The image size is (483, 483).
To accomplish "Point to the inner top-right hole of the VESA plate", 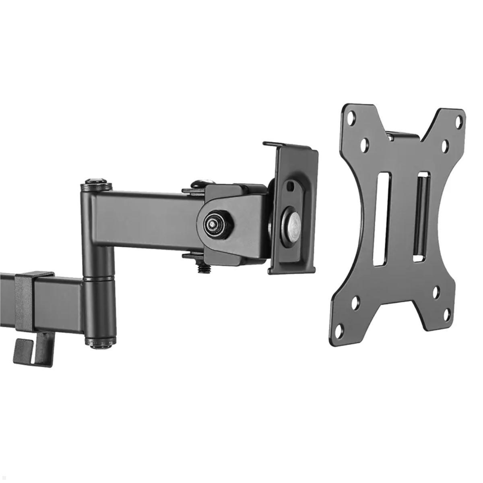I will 445,146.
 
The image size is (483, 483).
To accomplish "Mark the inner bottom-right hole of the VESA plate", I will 436,293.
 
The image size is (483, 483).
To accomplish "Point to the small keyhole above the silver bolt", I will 290,186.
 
